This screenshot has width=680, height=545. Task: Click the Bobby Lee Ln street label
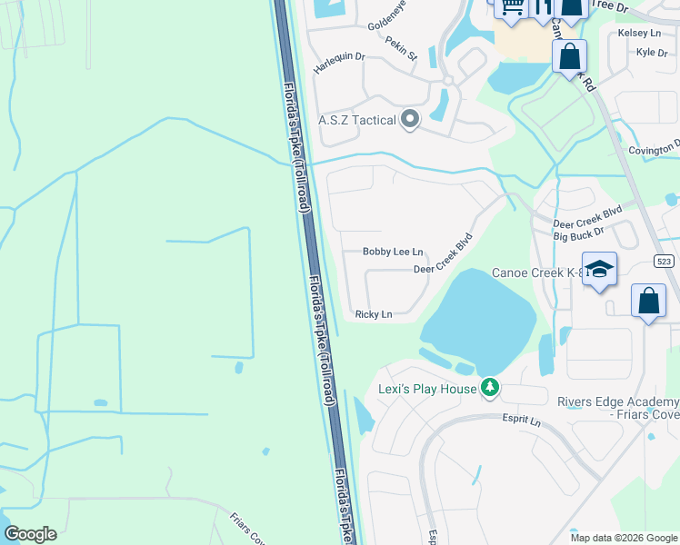(x=393, y=252)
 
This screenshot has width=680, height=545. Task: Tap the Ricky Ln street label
(x=374, y=314)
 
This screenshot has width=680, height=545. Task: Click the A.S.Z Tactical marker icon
(x=410, y=119)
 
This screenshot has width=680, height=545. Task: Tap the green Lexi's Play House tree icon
(x=490, y=389)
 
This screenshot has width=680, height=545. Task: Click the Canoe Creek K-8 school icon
(x=599, y=270)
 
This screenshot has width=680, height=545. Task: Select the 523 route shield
(x=664, y=262)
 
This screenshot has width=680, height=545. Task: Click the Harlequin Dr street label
(x=339, y=56)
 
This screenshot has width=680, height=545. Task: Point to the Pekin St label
(x=401, y=49)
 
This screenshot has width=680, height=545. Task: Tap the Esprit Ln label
(x=522, y=422)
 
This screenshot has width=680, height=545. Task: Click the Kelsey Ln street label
(x=639, y=33)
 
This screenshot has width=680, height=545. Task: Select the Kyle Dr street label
(x=652, y=53)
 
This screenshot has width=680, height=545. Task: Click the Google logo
(x=30, y=534)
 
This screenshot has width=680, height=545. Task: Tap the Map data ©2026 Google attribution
(x=624, y=538)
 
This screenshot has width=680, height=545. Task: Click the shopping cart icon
(x=511, y=7)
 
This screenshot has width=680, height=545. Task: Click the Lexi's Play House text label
(x=427, y=390)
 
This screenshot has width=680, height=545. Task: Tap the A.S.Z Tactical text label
(x=357, y=120)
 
